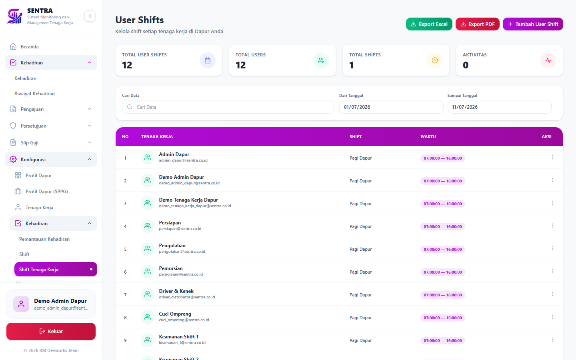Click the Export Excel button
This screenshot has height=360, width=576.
tap(429, 24)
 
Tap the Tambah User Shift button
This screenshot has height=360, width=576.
tap(533, 24)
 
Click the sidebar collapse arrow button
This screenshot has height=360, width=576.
tap(90, 16)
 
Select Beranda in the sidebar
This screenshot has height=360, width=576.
tap(30, 47)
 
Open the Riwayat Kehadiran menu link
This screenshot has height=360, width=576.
tap(34, 94)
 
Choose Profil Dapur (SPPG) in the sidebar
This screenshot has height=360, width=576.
tap(46, 192)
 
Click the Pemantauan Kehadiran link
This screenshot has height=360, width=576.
tap(44, 239)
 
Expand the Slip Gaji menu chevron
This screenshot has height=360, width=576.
tap(90, 142)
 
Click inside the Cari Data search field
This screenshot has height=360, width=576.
tap(228, 107)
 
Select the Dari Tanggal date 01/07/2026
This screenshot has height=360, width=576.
tap(391, 107)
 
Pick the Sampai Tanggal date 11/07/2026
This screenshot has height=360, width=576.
tap(499, 107)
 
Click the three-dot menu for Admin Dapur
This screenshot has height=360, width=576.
tap(553, 157)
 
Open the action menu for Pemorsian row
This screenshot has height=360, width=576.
tap(553, 271)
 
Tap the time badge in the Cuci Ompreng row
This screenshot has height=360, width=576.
tap(442, 318)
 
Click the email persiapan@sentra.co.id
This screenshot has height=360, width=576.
tap(180, 229)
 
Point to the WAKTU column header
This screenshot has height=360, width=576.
tap(428, 136)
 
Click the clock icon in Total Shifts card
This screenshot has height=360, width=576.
tap(434, 60)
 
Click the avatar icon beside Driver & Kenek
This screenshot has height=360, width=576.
tap(148, 294)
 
